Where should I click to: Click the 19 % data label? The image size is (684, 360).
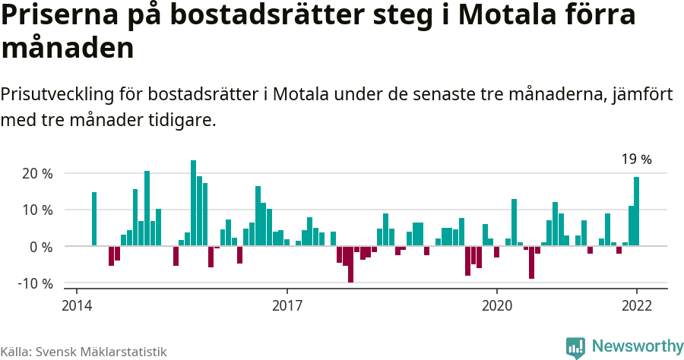coord(636,159)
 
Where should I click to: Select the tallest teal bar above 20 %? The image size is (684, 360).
coord(193,203)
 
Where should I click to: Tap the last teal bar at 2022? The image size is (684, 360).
coord(636,211)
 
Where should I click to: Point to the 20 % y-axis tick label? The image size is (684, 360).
coord(36,173)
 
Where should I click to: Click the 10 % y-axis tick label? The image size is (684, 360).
coord(36,210)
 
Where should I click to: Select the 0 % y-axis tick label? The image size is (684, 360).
coord(41,247)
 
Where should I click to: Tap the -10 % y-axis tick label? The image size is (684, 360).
coord(35,283)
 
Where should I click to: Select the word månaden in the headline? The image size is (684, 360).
coord(68,48)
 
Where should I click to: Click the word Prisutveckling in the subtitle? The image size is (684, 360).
coord(57,95)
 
